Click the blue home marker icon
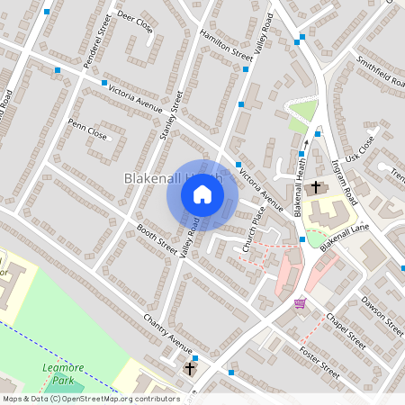point(202,193)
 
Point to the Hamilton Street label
point(227,44)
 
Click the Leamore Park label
point(60,373)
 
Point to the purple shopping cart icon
point(300,302)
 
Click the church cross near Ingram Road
point(316,188)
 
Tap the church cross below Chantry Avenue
point(190,369)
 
